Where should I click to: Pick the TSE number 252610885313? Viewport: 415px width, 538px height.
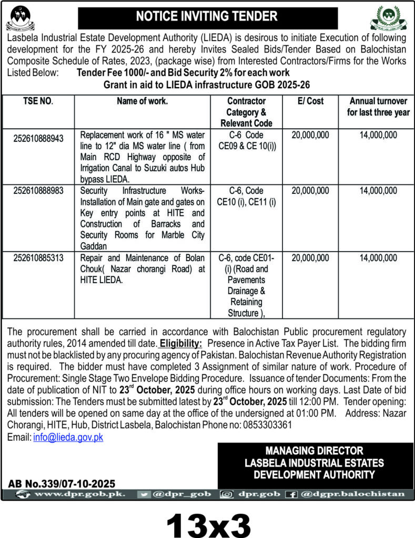click(43, 258)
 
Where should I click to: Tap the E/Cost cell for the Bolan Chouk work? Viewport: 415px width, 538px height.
click(310, 258)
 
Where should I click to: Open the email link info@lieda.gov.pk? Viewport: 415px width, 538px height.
click(68, 438)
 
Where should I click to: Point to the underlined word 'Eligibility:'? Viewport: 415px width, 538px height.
click(181, 345)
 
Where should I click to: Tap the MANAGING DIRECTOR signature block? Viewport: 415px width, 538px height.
click(315, 463)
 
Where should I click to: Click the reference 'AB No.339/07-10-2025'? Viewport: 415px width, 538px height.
click(62, 483)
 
